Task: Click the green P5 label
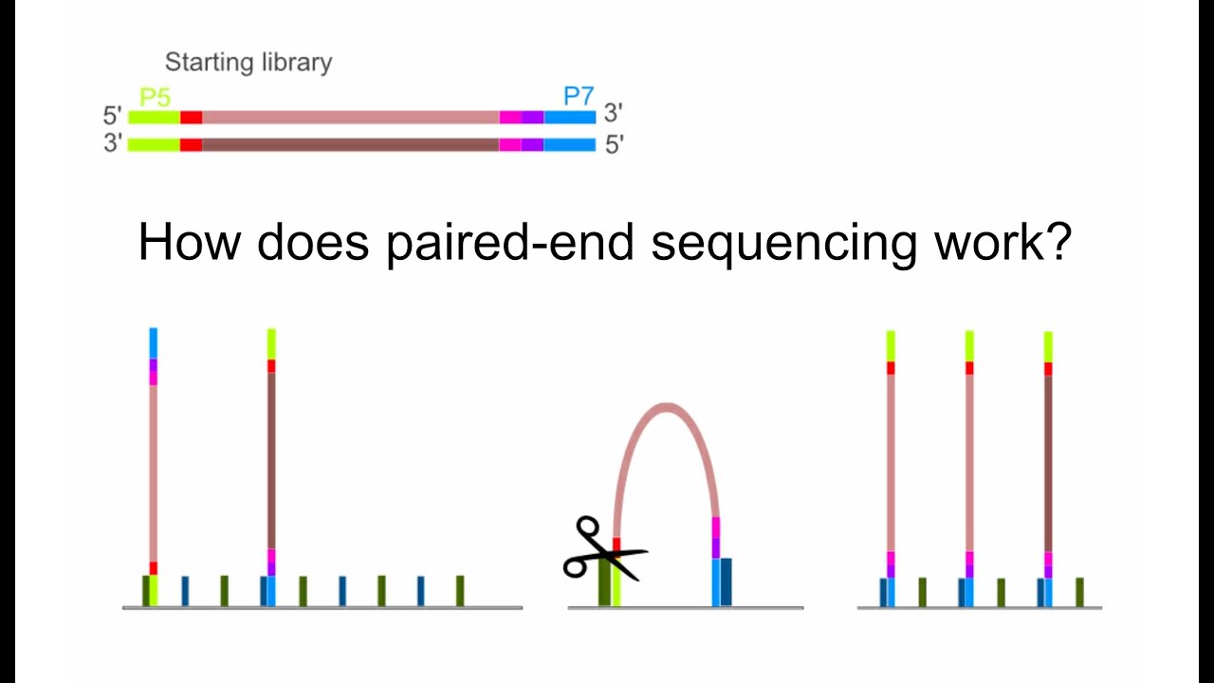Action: (x=155, y=97)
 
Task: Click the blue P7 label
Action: (x=578, y=96)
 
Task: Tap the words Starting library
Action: (x=248, y=63)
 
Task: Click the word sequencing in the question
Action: (x=783, y=243)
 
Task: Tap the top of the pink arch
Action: (x=668, y=408)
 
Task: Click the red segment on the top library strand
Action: (x=191, y=117)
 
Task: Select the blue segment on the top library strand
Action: (x=569, y=117)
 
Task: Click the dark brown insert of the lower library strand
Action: (x=350, y=145)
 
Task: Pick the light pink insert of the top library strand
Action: (x=350, y=117)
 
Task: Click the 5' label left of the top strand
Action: (x=113, y=117)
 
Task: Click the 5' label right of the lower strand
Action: (x=614, y=146)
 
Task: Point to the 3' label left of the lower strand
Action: (x=113, y=145)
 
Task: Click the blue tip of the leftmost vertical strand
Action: (x=153, y=342)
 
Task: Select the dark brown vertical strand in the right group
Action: (x=1048, y=465)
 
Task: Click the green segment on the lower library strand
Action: (x=154, y=145)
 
